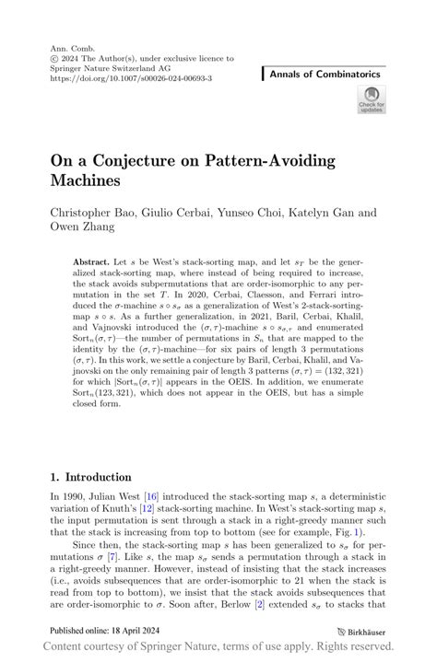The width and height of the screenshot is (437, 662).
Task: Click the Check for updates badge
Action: (x=372, y=99)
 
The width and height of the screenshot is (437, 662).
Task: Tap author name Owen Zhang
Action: (x=82, y=228)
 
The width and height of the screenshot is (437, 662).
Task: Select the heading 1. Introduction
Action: (x=90, y=477)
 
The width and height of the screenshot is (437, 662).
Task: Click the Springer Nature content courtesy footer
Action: (x=218, y=648)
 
